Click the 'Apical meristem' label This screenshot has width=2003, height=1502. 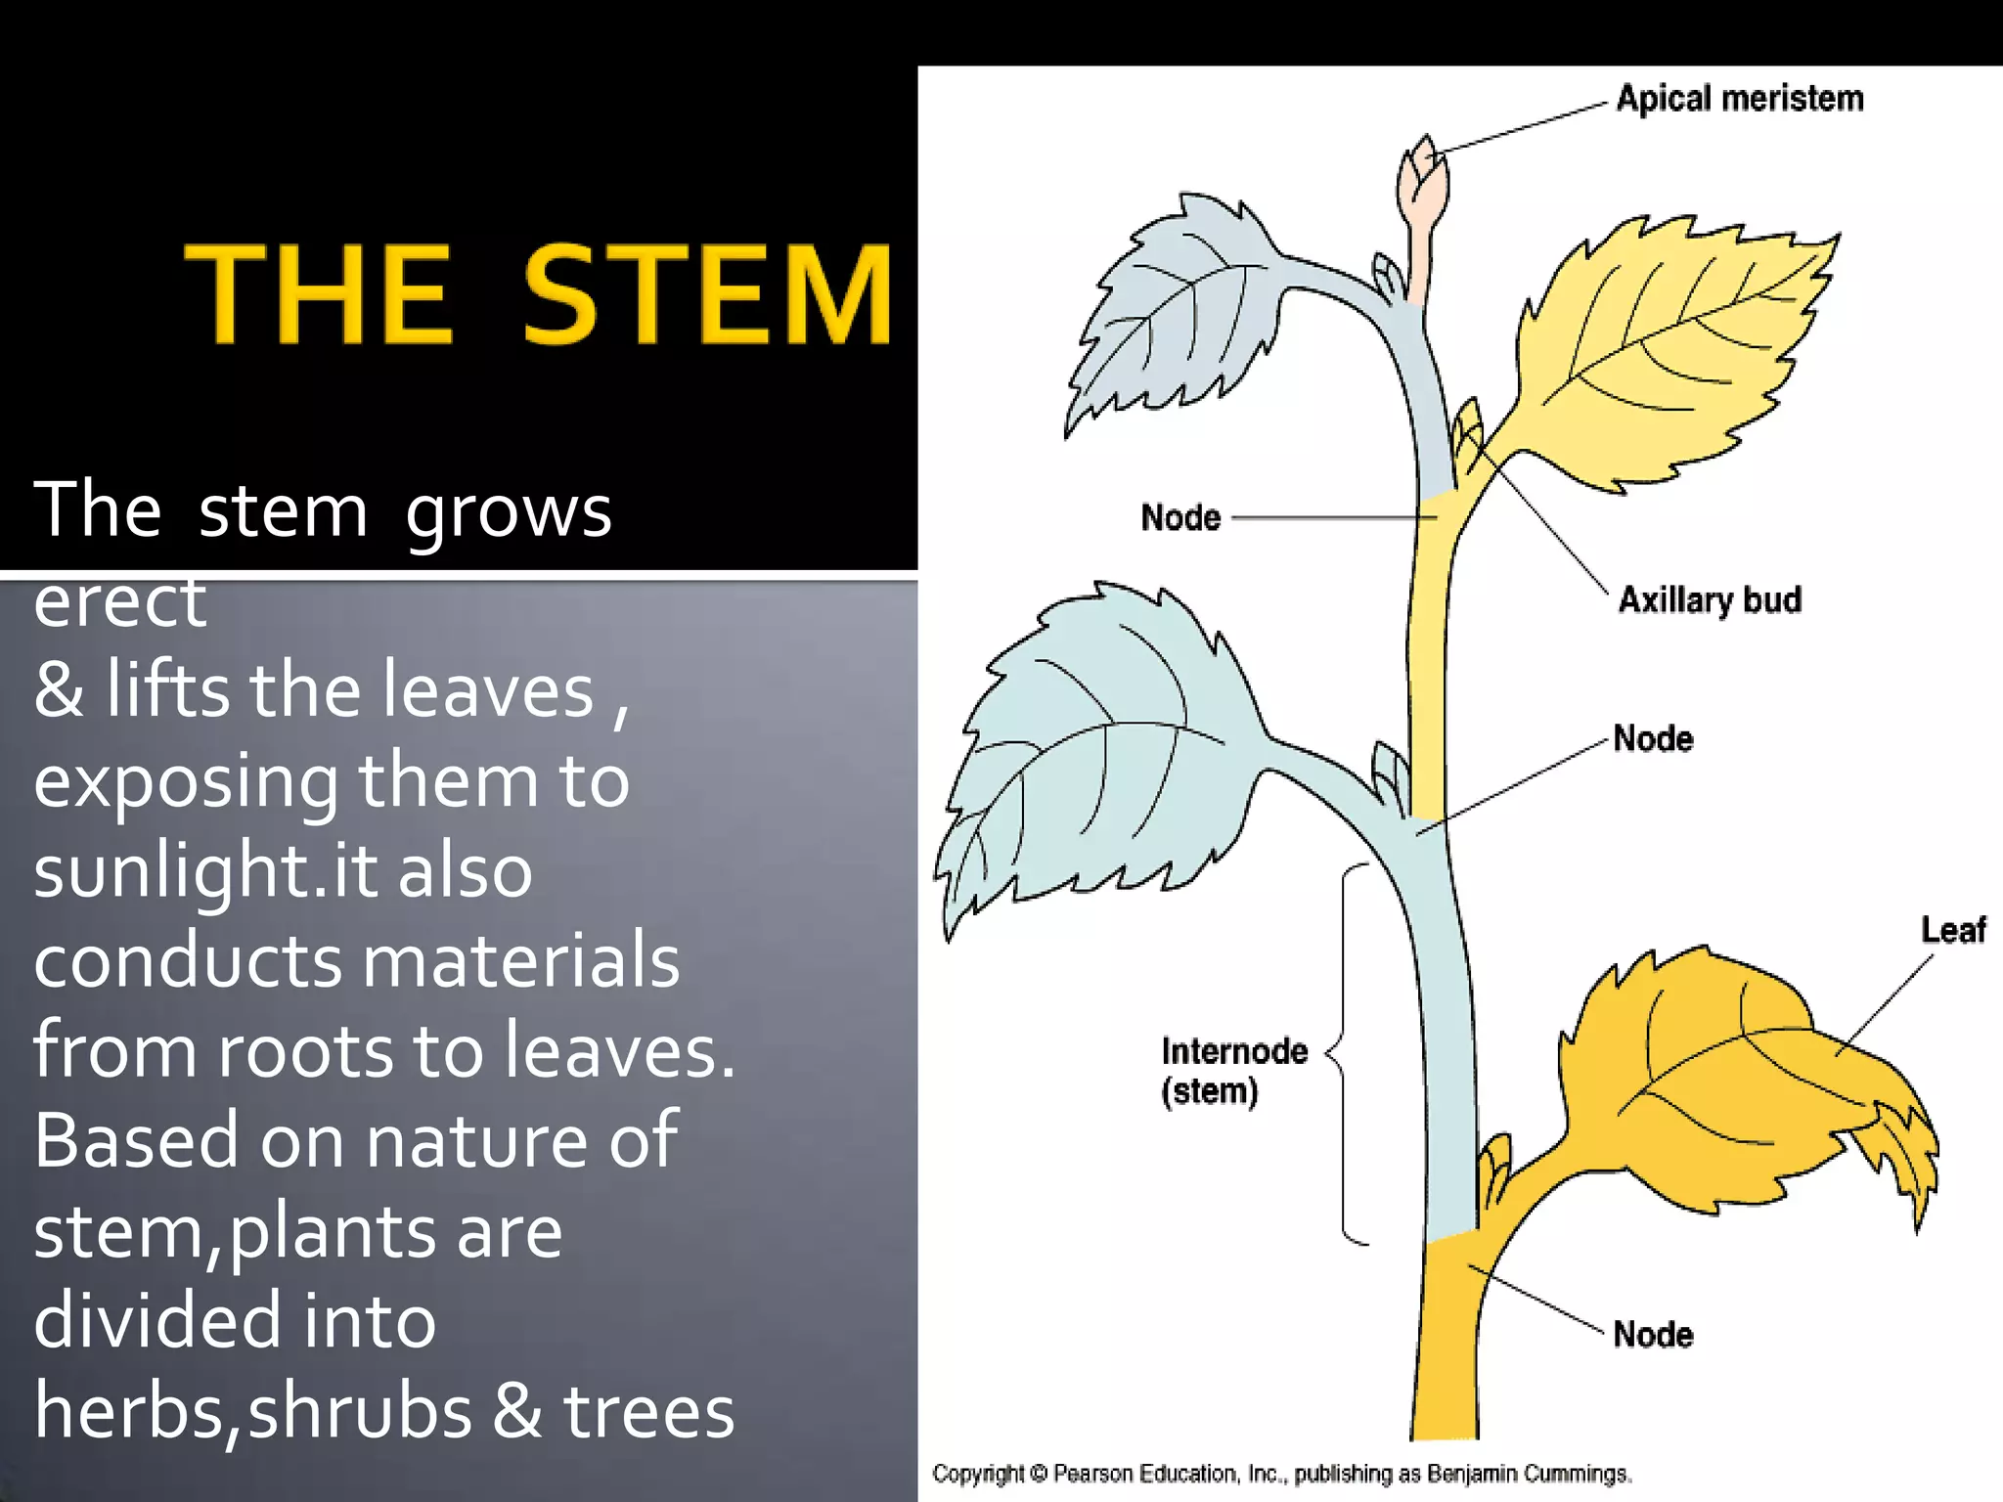(1739, 99)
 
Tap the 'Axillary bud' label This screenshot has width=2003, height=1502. (1709, 599)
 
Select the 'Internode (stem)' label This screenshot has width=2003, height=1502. (1233, 1071)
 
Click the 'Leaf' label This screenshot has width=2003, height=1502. (1952, 929)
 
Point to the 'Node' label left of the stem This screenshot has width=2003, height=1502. (1180, 517)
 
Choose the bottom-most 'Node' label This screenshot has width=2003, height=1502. (1652, 1335)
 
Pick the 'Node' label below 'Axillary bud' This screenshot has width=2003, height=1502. (1652, 738)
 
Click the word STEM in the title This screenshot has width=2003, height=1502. (706, 295)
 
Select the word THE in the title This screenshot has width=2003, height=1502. (318, 295)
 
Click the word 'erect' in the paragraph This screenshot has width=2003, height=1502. (119, 601)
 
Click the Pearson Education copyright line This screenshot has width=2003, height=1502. (1281, 1474)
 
